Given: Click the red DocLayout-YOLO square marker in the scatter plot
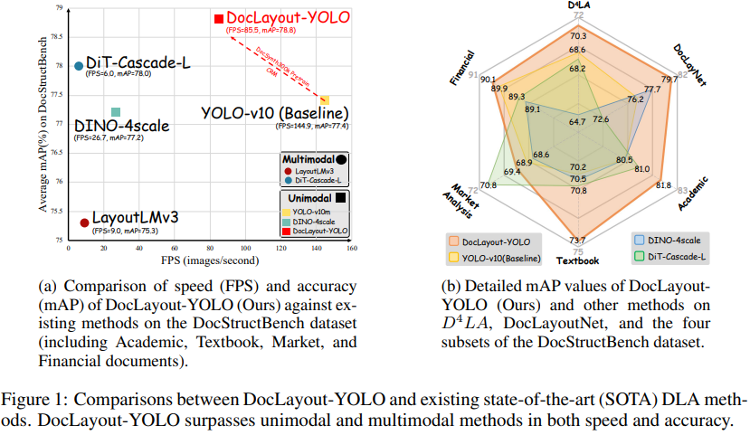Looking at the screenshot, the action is coord(218,18).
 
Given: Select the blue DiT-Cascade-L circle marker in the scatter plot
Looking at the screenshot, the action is coord(80,65).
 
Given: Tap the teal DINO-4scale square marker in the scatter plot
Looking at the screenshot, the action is coord(115,112).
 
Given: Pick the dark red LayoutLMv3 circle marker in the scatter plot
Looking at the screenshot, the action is coord(84,222).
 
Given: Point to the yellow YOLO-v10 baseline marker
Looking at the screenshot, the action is coord(325,99).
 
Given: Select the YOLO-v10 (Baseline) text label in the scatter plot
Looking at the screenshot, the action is coord(275,113).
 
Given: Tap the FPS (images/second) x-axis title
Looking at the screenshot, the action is coord(210,260).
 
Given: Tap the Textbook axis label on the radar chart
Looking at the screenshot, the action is coord(577,262).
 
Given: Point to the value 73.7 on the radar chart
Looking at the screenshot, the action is coord(578,240).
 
